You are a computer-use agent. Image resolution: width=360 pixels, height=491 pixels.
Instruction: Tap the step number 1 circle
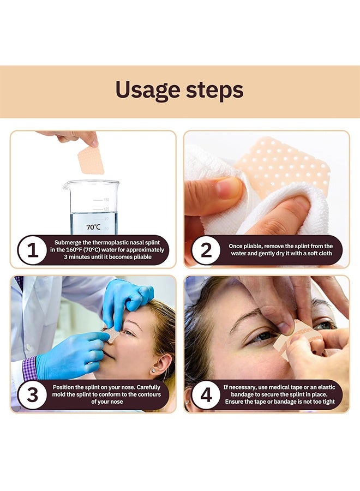(33, 251)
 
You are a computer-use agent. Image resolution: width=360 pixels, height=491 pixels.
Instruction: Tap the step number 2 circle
(206, 251)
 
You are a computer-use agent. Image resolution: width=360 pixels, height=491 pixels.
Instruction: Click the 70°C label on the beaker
(93, 227)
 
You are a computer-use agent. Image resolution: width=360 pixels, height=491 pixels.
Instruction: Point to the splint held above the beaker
(91, 160)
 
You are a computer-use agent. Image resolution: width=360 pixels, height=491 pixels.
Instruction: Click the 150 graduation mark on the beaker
(106, 200)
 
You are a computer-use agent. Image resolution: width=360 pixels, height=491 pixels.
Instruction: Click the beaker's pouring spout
(67, 184)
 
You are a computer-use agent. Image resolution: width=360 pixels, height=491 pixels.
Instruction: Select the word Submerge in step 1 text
(69, 242)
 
